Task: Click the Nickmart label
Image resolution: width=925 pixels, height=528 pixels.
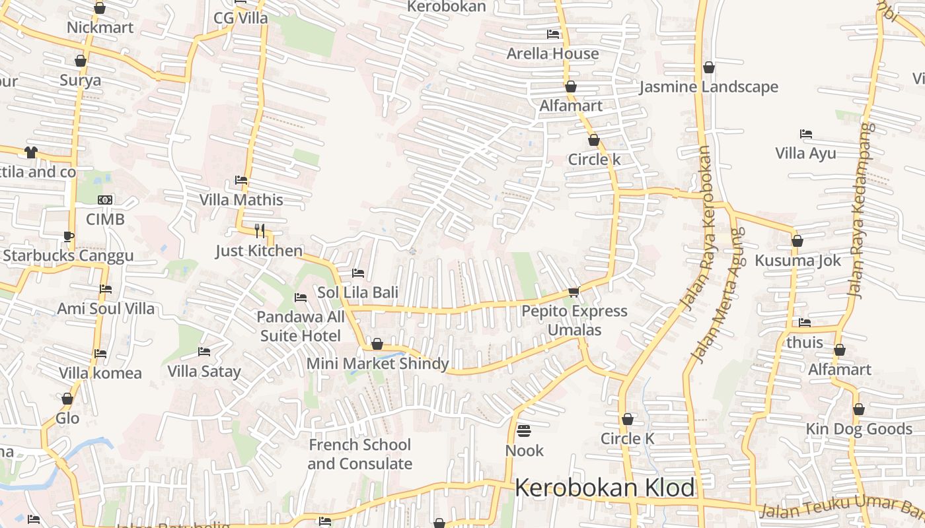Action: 100,28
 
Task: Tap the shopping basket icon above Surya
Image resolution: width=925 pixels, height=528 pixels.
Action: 81,61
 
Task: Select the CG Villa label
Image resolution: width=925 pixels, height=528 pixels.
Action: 240,18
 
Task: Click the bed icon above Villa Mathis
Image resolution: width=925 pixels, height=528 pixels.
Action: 241,180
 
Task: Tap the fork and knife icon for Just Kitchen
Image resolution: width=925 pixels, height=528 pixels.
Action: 260,230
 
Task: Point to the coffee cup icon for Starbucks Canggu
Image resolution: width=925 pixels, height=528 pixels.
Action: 69,236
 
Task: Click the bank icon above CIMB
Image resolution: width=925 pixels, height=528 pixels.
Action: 105,200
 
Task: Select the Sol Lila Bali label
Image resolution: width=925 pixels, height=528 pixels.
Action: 358,292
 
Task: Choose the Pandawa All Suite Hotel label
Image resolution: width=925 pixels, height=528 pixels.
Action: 301,326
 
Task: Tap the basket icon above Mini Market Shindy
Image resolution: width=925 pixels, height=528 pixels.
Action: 377,344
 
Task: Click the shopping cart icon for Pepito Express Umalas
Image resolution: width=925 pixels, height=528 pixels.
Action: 573,292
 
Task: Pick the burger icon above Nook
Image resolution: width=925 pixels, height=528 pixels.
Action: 524,431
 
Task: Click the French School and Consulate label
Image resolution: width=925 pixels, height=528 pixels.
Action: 359,454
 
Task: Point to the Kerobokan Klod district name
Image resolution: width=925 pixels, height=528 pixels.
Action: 605,488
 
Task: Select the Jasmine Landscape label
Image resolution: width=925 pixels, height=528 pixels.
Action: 709,87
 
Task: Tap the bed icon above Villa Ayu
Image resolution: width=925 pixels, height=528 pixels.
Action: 805,134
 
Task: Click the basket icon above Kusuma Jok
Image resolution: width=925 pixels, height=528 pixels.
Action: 797,241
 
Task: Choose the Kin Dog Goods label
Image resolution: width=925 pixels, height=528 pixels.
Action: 858,429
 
